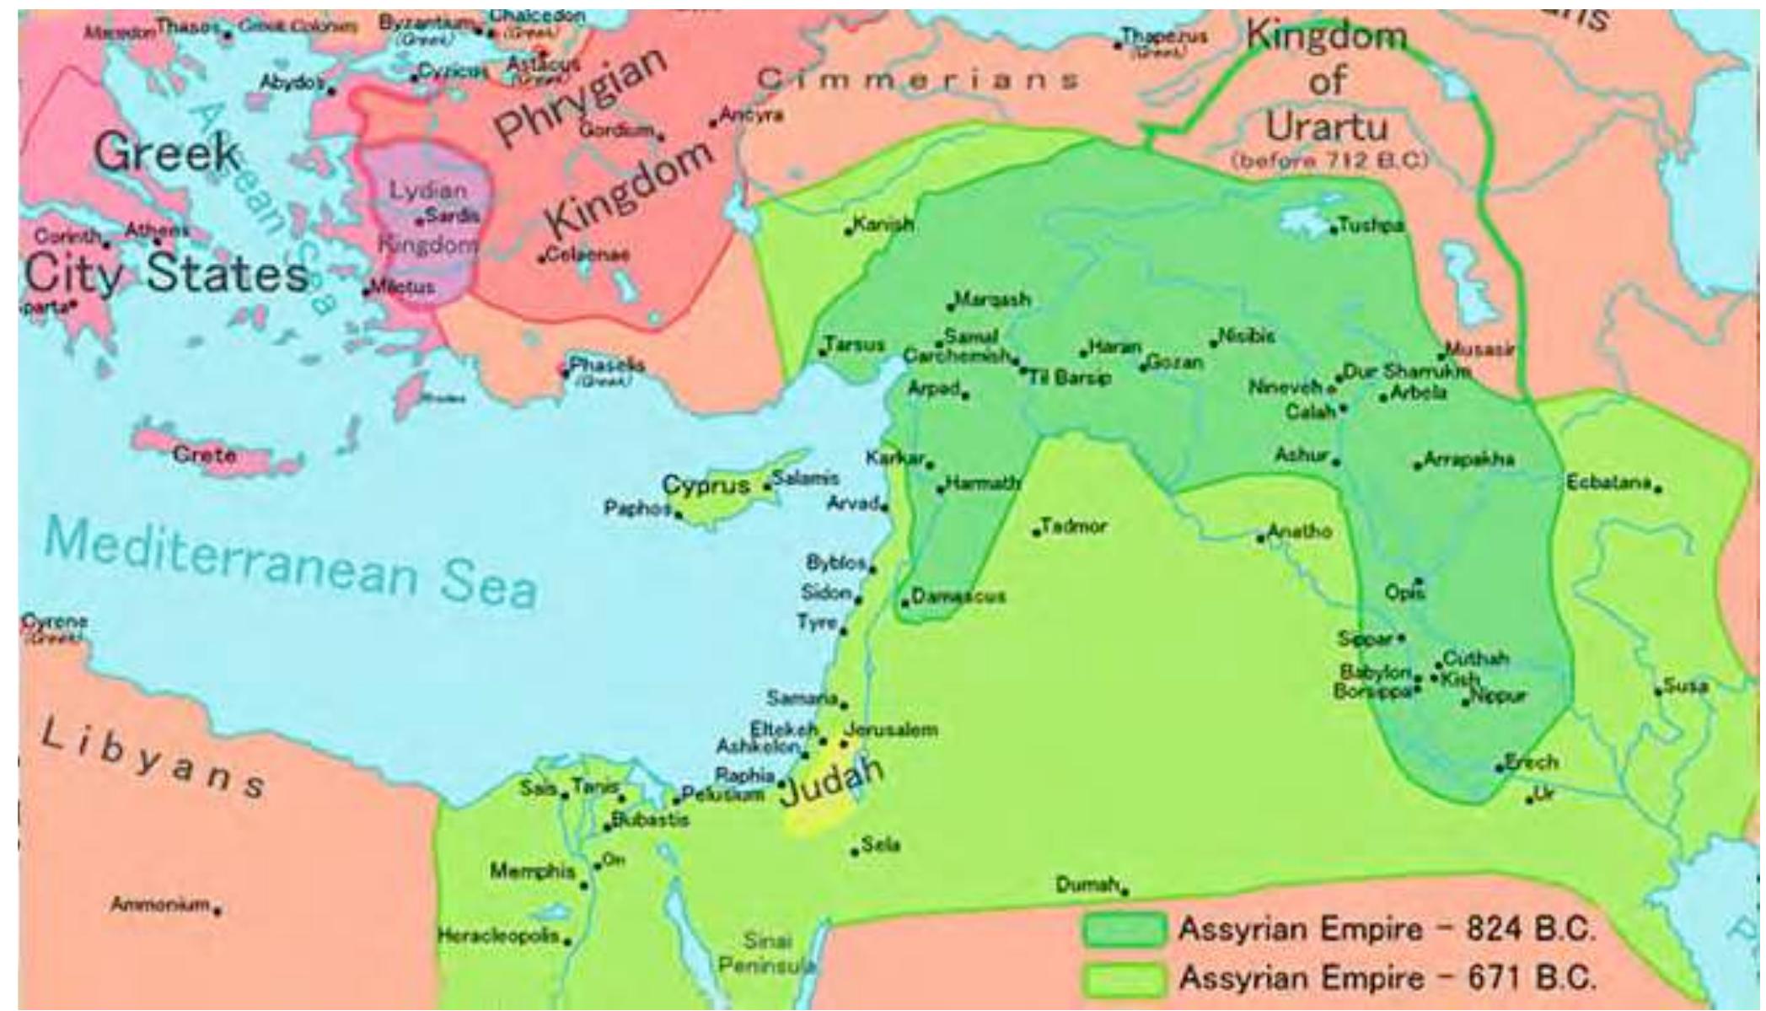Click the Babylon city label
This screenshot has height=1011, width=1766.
pos(1375,673)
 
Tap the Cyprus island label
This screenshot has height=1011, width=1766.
pos(705,486)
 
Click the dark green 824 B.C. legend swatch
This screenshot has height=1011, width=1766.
pos(1125,929)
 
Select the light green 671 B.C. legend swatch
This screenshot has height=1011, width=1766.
pos(1125,979)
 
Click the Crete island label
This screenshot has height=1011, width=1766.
pos(204,455)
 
